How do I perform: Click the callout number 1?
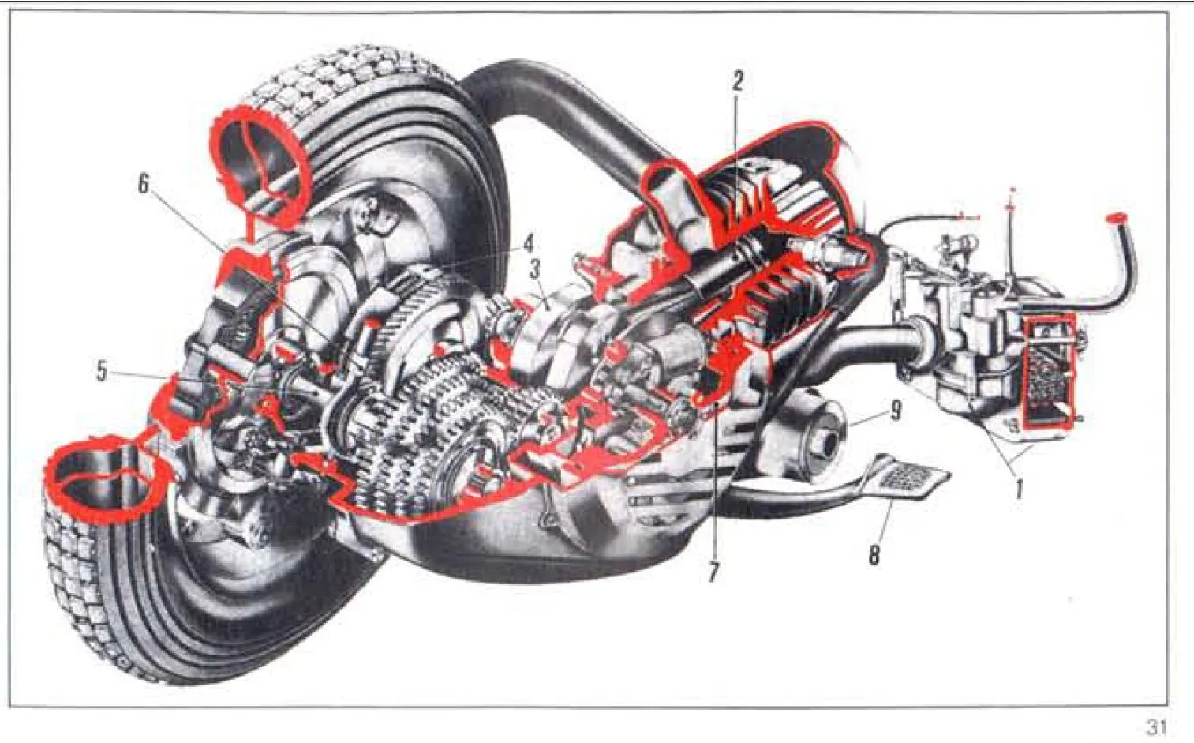(x=1019, y=489)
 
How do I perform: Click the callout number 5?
(x=102, y=371)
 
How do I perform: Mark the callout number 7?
(x=713, y=573)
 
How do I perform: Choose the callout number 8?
(x=874, y=555)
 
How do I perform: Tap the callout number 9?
(x=895, y=411)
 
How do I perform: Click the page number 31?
(x=1156, y=727)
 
